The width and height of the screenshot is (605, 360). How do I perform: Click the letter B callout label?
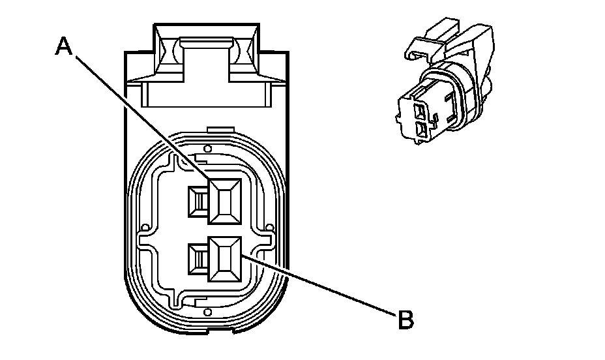tap(406, 320)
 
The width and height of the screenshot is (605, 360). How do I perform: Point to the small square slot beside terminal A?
tap(196, 202)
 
